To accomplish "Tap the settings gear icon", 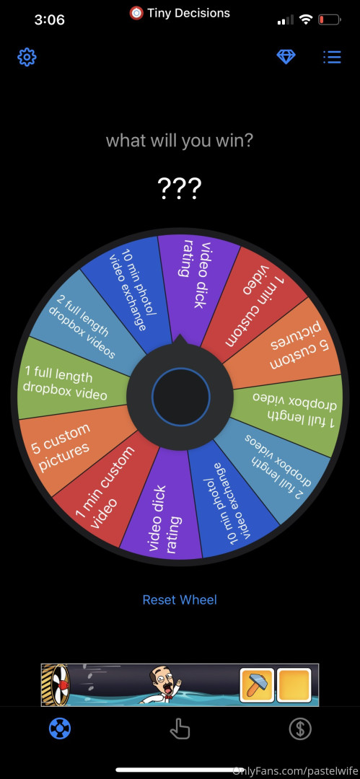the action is [x=27, y=58].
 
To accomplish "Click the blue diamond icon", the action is [x=286, y=57].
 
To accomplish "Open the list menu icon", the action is [x=332, y=57].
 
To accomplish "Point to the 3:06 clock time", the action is [x=50, y=20].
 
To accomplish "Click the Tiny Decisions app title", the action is [x=188, y=14].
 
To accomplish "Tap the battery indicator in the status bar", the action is [x=329, y=20].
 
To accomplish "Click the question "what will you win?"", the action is [x=180, y=141].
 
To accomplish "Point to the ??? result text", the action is [x=180, y=188].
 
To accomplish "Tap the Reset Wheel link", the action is [x=180, y=599].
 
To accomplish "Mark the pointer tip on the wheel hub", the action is [x=179, y=335].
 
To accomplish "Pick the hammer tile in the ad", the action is [x=257, y=685].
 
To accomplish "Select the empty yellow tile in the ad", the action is [x=294, y=685].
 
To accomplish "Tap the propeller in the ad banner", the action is [x=55, y=685].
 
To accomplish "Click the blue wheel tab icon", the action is [x=60, y=729].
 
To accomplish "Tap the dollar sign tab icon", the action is [x=300, y=729].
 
